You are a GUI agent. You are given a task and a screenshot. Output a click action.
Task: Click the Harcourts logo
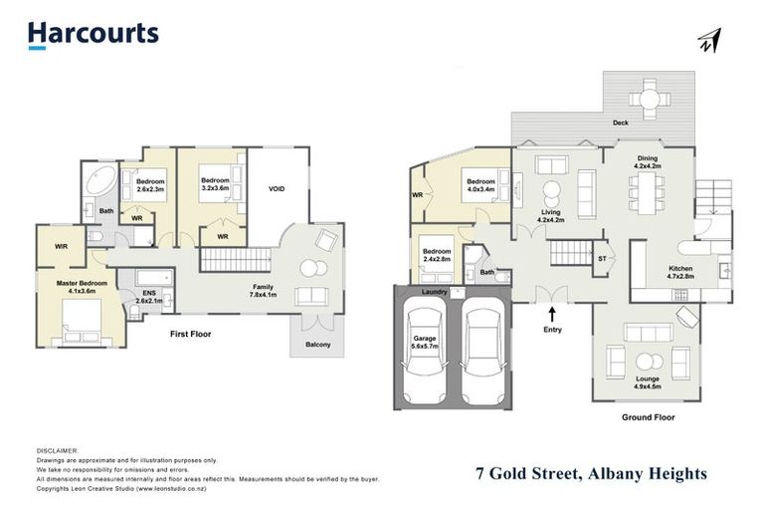click(x=93, y=34)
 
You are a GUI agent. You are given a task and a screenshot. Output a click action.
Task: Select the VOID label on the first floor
click(x=277, y=188)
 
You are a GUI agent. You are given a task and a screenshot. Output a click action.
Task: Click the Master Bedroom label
click(x=81, y=287)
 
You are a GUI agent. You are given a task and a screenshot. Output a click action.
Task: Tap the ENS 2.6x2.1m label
click(x=147, y=297)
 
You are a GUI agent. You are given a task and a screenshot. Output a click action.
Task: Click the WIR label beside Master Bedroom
click(x=61, y=245)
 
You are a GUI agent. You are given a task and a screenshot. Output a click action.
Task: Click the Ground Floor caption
click(x=648, y=417)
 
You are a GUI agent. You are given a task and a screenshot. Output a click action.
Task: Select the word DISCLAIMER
click(x=57, y=450)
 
